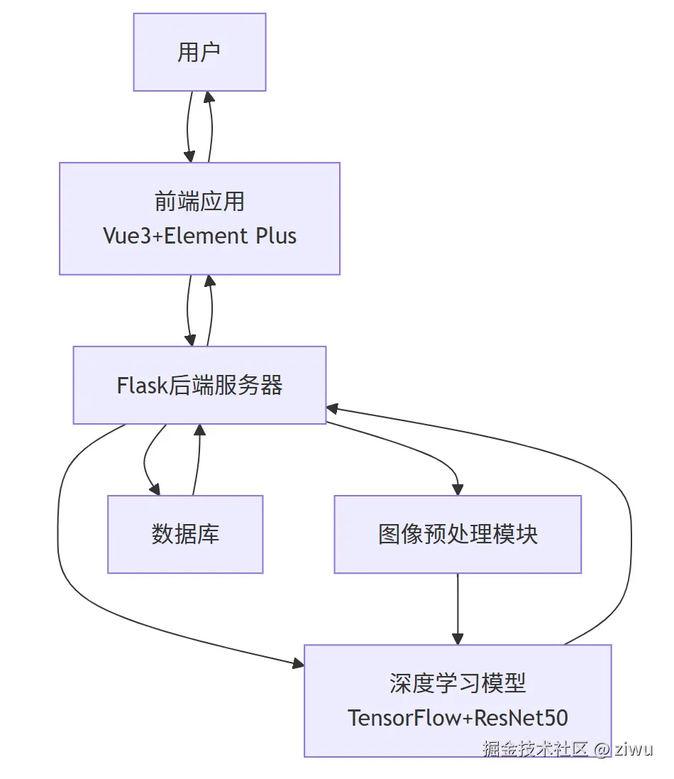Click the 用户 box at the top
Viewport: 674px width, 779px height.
[199, 52]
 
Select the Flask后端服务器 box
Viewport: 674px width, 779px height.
[199, 385]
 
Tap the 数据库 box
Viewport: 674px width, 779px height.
[185, 534]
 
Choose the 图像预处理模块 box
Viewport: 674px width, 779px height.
[458, 534]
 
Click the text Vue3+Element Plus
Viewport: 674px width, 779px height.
[199, 236]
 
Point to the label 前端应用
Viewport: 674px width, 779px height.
[199, 202]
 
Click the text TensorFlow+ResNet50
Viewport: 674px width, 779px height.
[458, 717]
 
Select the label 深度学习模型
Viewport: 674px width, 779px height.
[458, 683]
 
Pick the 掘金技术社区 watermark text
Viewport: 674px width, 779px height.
[536, 749]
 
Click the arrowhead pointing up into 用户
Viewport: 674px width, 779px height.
[209, 97]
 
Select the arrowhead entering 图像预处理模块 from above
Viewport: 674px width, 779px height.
[458, 489]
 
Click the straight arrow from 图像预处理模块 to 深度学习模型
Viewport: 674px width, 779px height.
[458, 607]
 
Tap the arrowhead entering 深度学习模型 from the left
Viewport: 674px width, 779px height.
[297, 664]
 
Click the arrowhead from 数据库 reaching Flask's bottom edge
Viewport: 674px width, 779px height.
[199, 430]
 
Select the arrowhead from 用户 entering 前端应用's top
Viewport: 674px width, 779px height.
[189, 156]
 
